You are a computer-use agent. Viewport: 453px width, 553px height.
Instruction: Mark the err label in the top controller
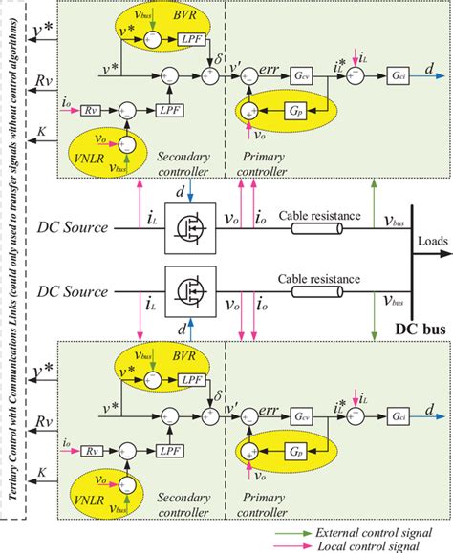(x=276, y=64)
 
